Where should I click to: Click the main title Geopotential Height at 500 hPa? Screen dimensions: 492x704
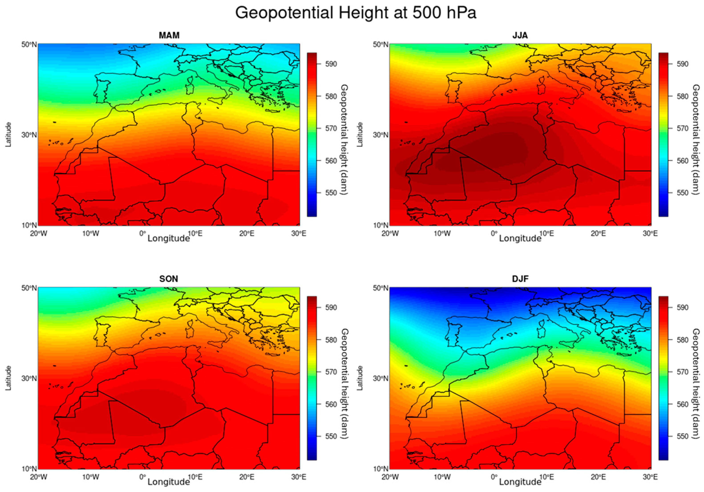point(356,13)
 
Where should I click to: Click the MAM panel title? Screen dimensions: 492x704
point(169,36)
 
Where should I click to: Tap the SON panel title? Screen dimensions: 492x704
point(169,279)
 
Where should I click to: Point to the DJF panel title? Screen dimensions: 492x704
point(520,279)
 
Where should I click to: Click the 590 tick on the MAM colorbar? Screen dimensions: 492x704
point(331,64)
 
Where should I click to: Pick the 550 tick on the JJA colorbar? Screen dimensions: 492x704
point(682,193)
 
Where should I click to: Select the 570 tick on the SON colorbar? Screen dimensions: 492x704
point(331,372)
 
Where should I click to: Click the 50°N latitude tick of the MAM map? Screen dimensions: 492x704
point(28,45)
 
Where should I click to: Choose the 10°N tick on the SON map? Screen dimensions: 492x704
point(28,469)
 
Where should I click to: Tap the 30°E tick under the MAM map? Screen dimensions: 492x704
point(299,234)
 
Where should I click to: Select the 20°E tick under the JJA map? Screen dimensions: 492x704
point(598,234)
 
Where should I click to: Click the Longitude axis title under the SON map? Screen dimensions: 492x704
point(169,482)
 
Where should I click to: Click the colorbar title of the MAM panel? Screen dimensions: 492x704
point(344,140)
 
